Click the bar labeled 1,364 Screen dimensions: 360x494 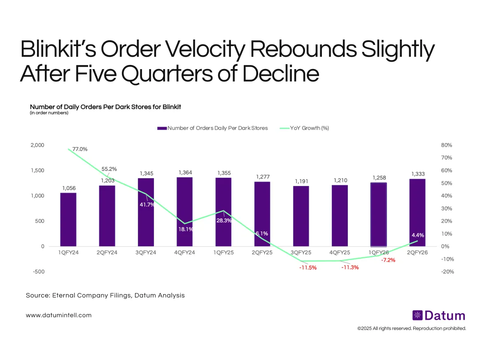point(184,211)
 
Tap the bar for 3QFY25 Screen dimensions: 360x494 point(301,216)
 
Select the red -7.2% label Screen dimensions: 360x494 point(388,260)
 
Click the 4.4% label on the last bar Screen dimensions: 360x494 point(417,235)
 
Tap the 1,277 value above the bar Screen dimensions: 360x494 point(262,176)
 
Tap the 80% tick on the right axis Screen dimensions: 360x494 point(446,145)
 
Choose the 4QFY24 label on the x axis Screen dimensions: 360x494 point(184,253)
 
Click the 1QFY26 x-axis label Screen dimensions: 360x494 point(379,253)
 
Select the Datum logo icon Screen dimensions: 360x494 point(417,316)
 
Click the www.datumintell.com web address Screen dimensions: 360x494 point(58,315)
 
